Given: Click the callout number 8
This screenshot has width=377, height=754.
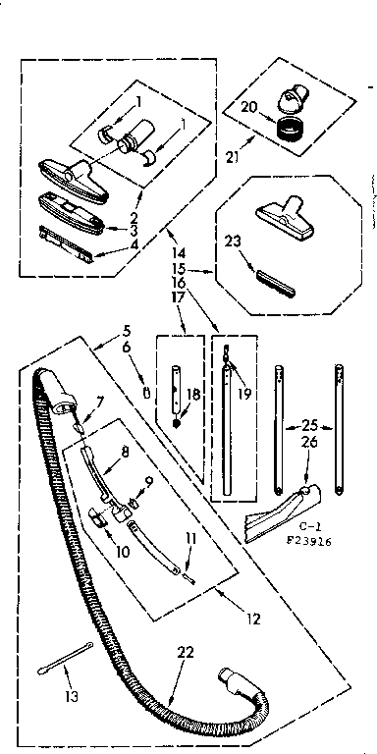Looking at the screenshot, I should pos(126,454).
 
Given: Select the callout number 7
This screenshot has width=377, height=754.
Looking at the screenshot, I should pos(100,401).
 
